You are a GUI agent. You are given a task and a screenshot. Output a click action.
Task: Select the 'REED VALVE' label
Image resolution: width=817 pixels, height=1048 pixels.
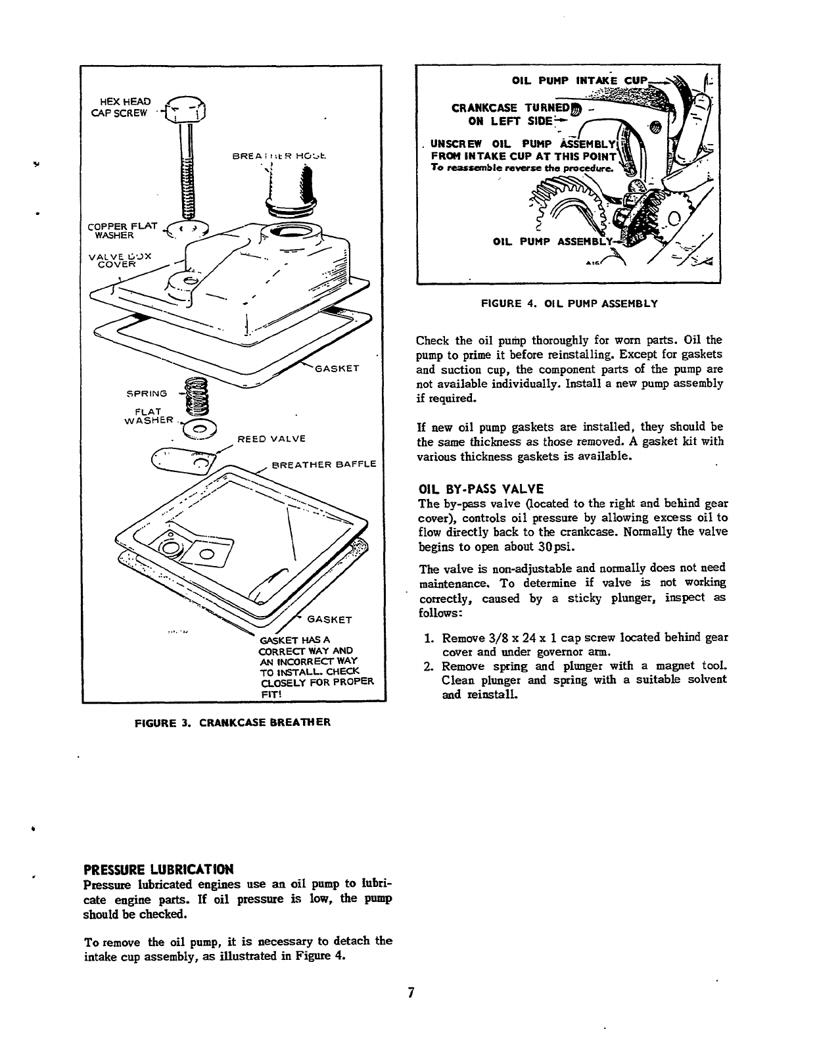tap(271, 439)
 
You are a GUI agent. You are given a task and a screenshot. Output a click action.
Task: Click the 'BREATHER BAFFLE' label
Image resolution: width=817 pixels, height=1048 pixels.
tap(323, 464)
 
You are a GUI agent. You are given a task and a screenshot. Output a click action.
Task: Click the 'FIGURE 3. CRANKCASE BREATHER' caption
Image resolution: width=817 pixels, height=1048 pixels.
tap(232, 722)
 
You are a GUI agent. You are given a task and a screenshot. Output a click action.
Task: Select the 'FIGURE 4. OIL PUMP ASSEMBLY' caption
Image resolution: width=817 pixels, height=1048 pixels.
tap(569, 304)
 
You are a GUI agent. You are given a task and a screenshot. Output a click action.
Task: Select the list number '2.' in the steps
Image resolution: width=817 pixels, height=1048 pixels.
tap(427, 667)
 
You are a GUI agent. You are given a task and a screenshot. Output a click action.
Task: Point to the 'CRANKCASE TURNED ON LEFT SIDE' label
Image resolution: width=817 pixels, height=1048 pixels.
tap(509, 114)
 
